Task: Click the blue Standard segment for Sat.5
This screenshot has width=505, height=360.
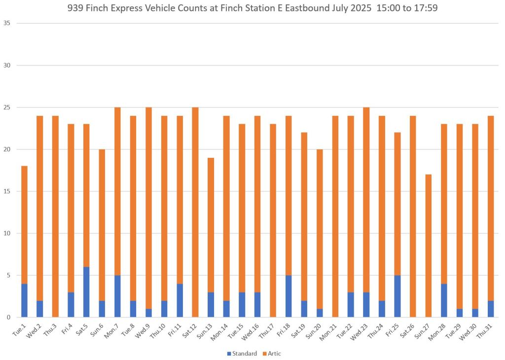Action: (x=86, y=292)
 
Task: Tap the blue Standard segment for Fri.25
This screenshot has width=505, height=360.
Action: (x=397, y=296)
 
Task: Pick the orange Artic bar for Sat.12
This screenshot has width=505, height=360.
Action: (x=195, y=212)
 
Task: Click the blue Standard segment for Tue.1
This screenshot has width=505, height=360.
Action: (x=24, y=300)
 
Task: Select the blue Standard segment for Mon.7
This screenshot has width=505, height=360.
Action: (x=117, y=296)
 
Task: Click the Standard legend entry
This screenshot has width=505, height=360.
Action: (x=242, y=354)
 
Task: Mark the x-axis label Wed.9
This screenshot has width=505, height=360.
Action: (x=146, y=328)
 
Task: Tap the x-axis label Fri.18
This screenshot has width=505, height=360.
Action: (x=286, y=328)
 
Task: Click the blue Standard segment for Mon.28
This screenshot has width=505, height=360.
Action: (x=444, y=300)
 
